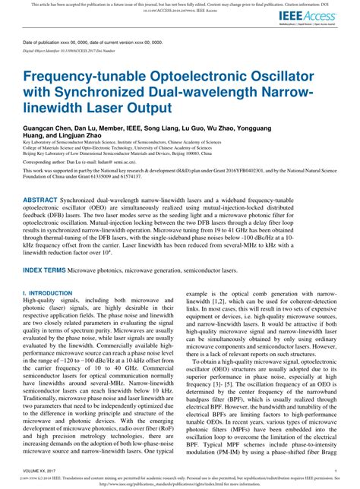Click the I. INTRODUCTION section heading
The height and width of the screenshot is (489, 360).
[x=47, y=292]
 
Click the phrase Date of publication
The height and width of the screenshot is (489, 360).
[x=45, y=43]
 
